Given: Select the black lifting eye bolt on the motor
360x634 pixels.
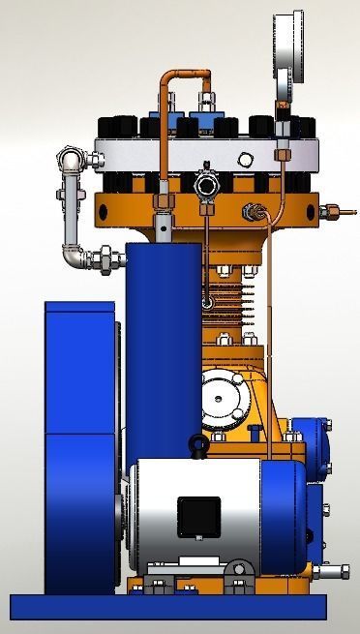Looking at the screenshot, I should (x=197, y=447).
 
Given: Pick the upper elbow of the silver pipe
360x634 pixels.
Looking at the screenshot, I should (x=70, y=158).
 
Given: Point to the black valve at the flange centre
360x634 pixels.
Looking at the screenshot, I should (x=204, y=183).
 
